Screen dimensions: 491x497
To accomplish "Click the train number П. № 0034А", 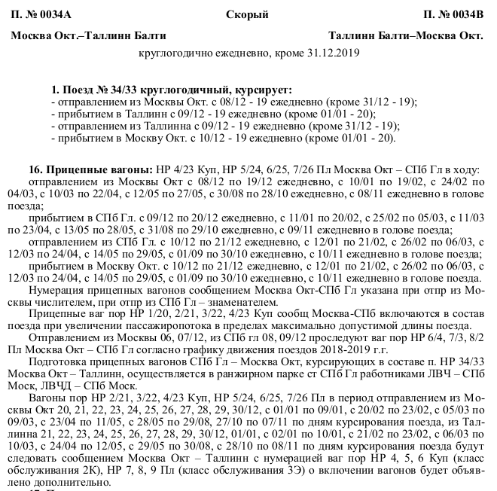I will point(44,14).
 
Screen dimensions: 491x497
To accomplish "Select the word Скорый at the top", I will point(245,14).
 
